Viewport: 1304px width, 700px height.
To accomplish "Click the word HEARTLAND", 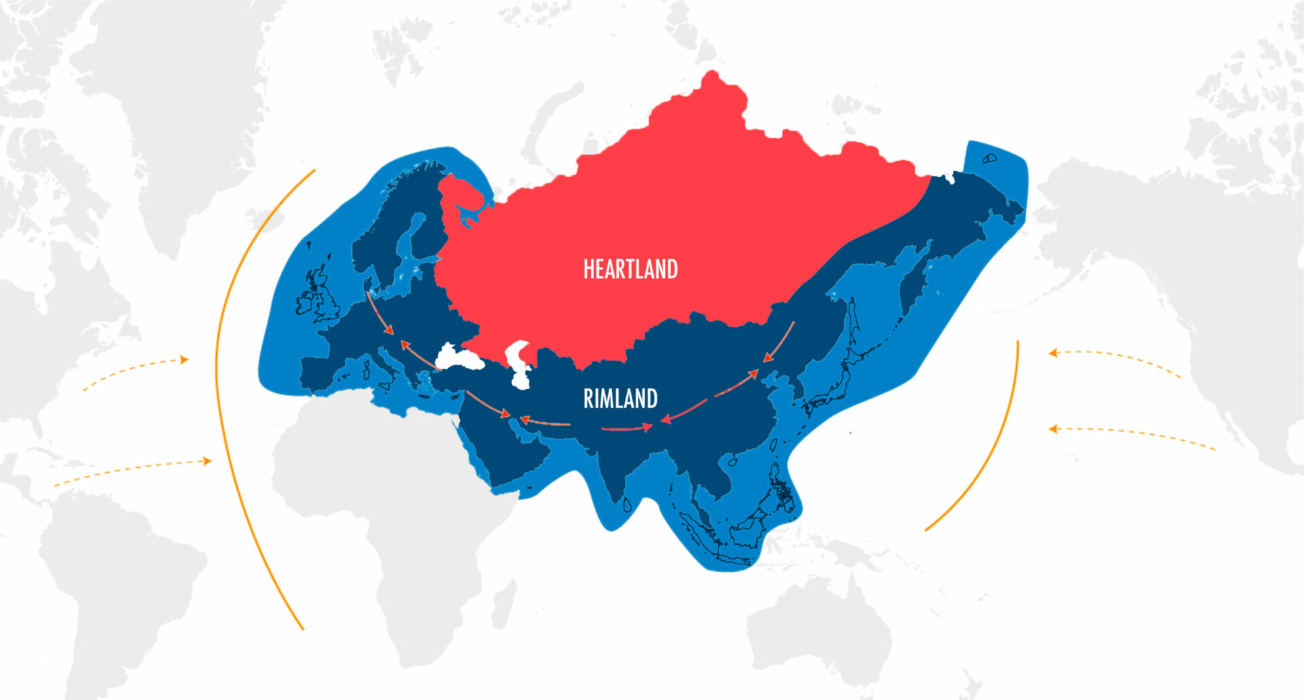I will [630, 270].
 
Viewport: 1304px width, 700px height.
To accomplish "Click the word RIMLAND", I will [620, 399].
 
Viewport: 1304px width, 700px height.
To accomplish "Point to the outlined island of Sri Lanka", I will [628, 503].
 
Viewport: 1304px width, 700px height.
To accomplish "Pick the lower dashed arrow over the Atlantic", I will [132, 470].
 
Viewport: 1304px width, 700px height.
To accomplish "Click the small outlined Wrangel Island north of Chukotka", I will [990, 158].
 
